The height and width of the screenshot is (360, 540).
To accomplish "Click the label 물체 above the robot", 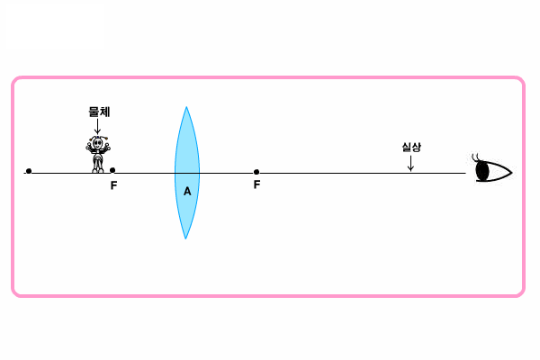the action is (x=100, y=112).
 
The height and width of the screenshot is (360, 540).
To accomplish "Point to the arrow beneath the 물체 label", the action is (x=97, y=126).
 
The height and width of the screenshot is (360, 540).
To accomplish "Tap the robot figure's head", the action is (x=97, y=142).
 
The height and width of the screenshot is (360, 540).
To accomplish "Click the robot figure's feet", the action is (x=98, y=170).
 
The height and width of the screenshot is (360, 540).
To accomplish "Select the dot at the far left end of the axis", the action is (x=29, y=171).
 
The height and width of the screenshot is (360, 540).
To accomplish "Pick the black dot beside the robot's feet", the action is (x=112, y=170).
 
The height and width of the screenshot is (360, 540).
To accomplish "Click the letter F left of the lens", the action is (x=113, y=185).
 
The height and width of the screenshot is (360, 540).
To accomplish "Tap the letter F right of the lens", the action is (x=256, y=184).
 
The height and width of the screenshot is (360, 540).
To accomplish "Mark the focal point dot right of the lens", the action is (x=256, y=172).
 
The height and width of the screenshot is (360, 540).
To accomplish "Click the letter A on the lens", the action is (x=187, y=191).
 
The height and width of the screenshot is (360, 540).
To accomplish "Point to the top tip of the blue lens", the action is (x=186, y=107).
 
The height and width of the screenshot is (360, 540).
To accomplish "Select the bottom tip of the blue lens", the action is (x=185, y=238).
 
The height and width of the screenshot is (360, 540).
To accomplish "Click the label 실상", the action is (x=411, y=147).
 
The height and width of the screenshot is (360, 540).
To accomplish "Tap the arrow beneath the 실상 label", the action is (x=410, y=163).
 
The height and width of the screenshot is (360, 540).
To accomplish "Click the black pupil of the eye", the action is (x=482, y=171).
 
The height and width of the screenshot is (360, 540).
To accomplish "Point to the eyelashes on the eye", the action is (x=475, y=157).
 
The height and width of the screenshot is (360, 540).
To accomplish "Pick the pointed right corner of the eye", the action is (x=512, y=172).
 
